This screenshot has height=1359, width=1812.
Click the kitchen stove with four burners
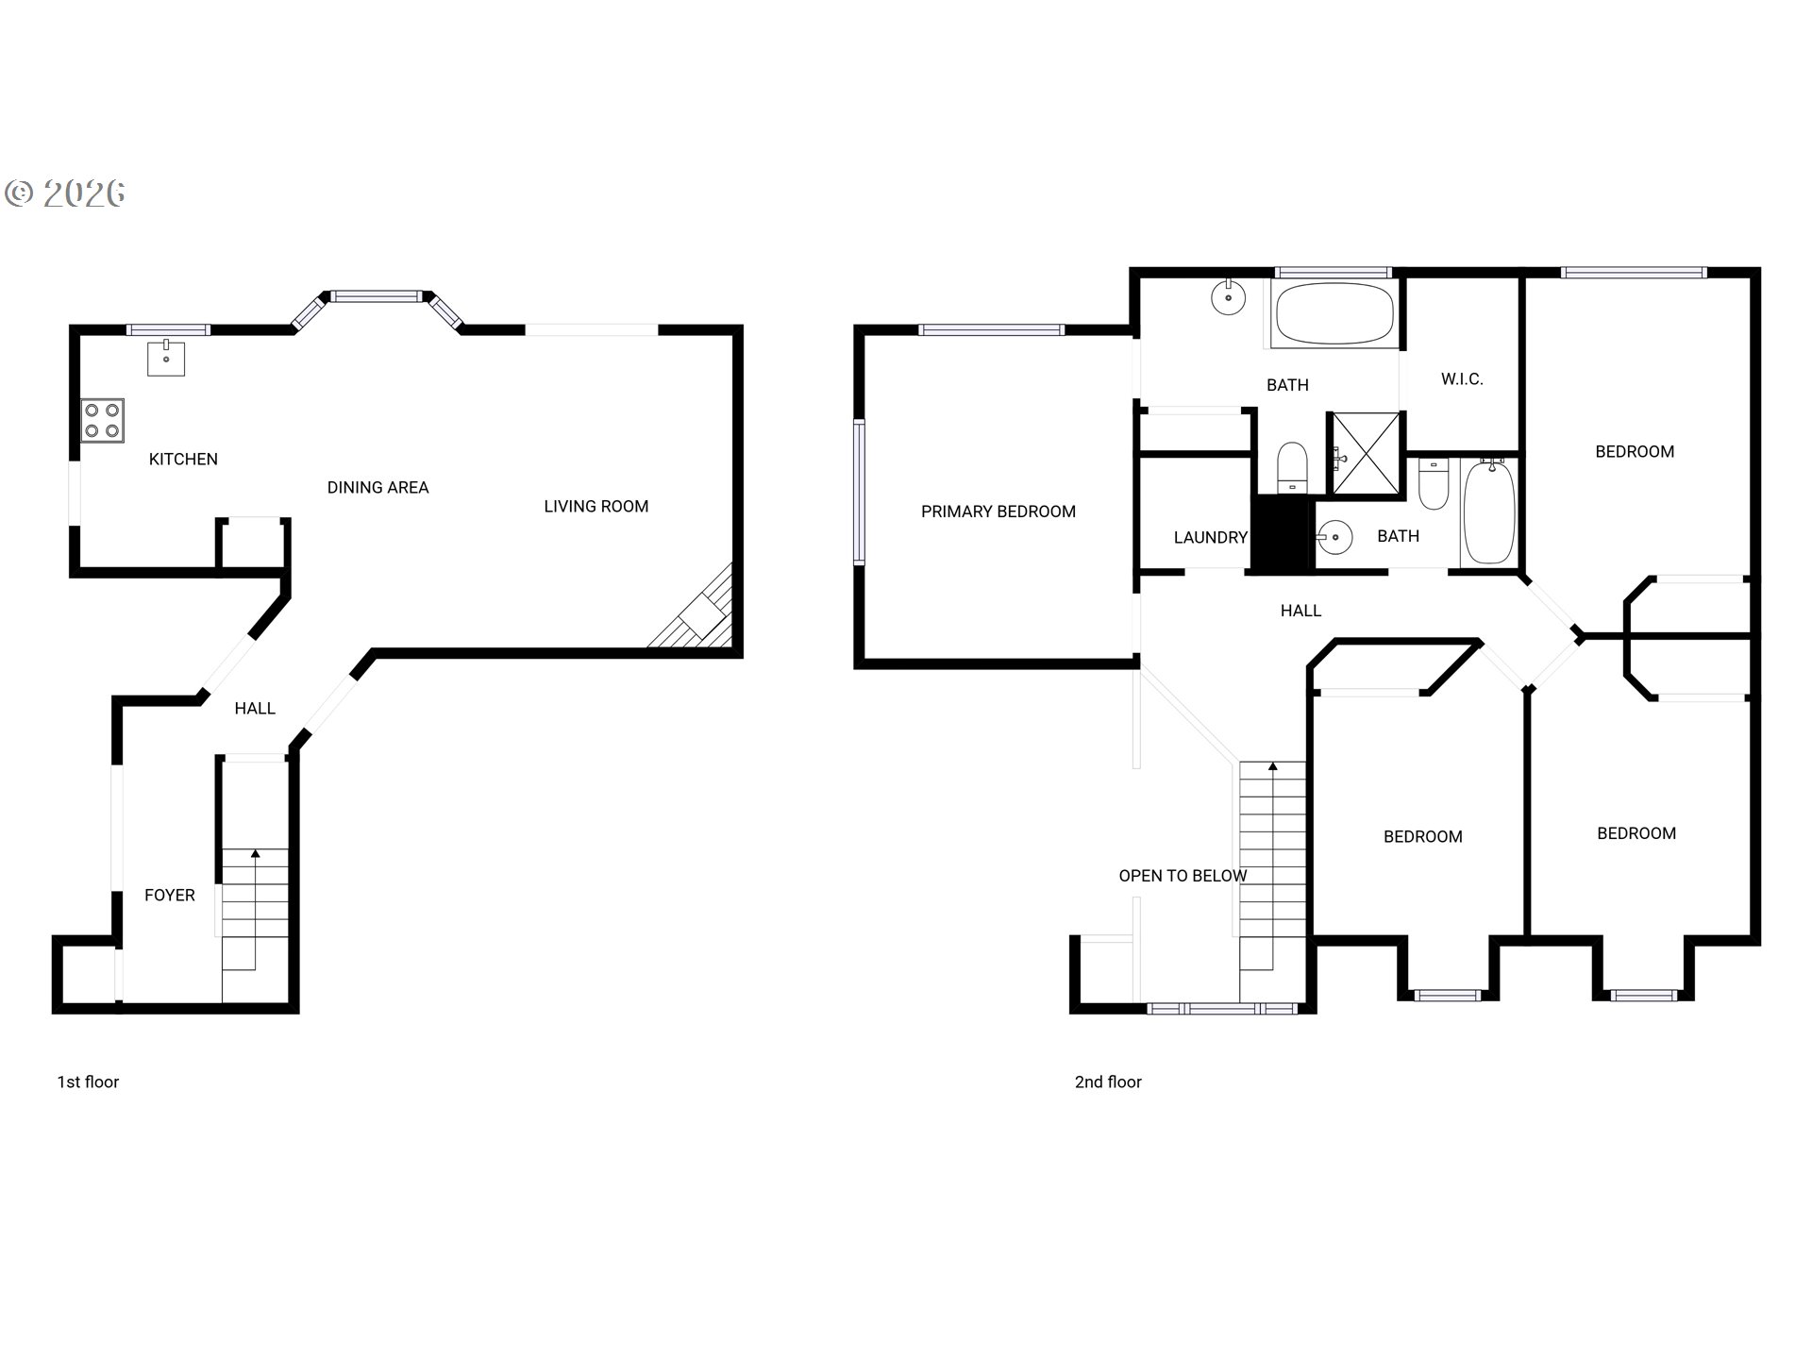tap(102, 421)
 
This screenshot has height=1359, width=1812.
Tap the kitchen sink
tap(166, 359)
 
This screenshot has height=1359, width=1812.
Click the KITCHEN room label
tap(183, 460)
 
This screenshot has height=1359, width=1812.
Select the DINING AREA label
tap(377, 488)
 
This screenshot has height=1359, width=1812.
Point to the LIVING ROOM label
tap(596, 507)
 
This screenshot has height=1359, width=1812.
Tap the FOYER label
tap(170, 896)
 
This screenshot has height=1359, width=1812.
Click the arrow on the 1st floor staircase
tap(255, 854)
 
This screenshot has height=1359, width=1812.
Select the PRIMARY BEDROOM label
tap(998, 512)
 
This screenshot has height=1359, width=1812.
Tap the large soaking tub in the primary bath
tap(1333, 313)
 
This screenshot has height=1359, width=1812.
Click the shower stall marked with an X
tap(1365, 453)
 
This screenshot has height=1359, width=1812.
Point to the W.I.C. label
tap(1462, 379)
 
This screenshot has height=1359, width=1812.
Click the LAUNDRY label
tap(1210, 538)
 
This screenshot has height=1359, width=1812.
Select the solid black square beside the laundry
tap(1283, 534)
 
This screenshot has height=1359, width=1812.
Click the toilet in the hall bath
tap(1434, 484)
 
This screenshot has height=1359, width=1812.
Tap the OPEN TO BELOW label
tap(1183, 876)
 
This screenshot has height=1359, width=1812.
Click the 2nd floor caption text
tap(1108, 1082)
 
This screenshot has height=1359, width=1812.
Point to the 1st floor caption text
tap(88, 1082)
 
